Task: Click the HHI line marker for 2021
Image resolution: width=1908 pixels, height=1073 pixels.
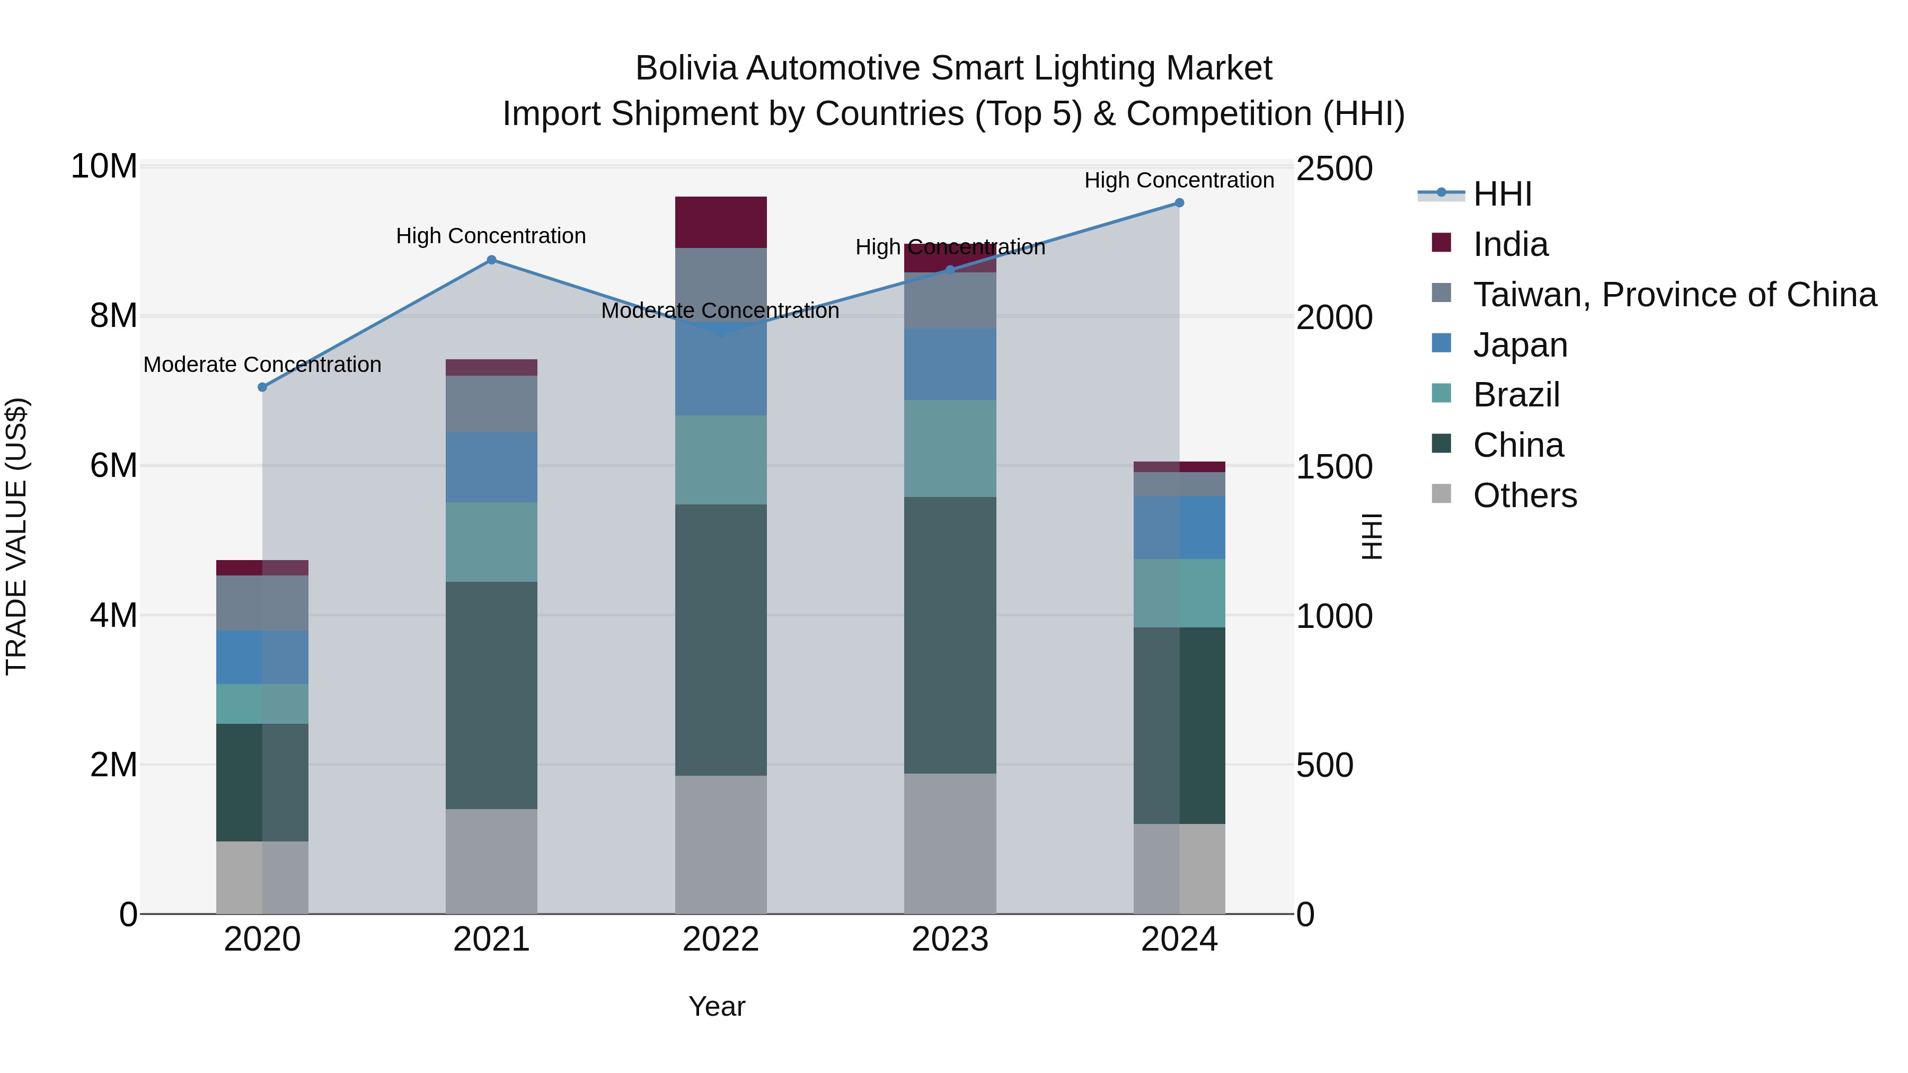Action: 491,260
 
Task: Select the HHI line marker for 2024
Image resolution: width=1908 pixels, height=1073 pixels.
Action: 1179,203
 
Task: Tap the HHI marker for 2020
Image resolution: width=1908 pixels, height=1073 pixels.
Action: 262,387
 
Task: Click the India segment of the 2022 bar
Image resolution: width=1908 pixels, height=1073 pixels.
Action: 721,222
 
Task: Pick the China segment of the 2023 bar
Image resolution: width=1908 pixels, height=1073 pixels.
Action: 950,635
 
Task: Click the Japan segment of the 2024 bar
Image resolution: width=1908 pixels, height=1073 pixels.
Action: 1179,527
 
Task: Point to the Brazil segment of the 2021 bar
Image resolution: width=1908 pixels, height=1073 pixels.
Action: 491,542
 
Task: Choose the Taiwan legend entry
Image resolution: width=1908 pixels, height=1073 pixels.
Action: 1674,295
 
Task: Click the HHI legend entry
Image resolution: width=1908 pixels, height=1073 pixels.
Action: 1501,194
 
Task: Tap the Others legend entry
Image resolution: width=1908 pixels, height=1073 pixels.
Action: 1524,495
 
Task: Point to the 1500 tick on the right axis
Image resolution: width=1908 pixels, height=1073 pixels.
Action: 1334,467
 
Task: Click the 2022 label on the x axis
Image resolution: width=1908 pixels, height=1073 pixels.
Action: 721,939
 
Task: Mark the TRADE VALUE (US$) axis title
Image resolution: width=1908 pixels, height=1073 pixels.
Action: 16,536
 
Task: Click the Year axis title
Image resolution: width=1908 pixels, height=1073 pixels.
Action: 716,1006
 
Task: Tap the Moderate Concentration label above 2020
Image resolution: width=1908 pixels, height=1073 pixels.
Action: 262,365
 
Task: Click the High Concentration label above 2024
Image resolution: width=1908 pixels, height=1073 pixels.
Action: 1179,180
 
